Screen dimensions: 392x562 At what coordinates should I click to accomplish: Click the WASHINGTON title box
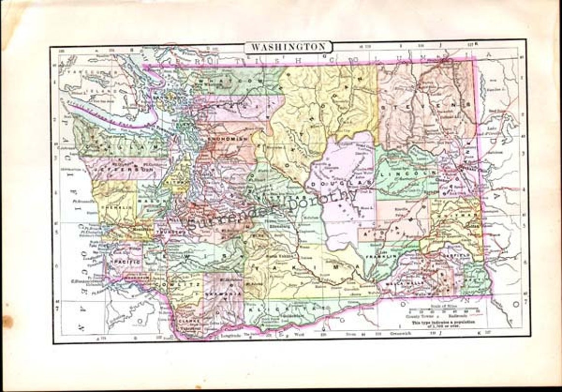pyautogui.click(x=288, y=47)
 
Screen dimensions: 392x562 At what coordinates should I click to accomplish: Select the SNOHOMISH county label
pyautogui.click(x=226, y=140)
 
